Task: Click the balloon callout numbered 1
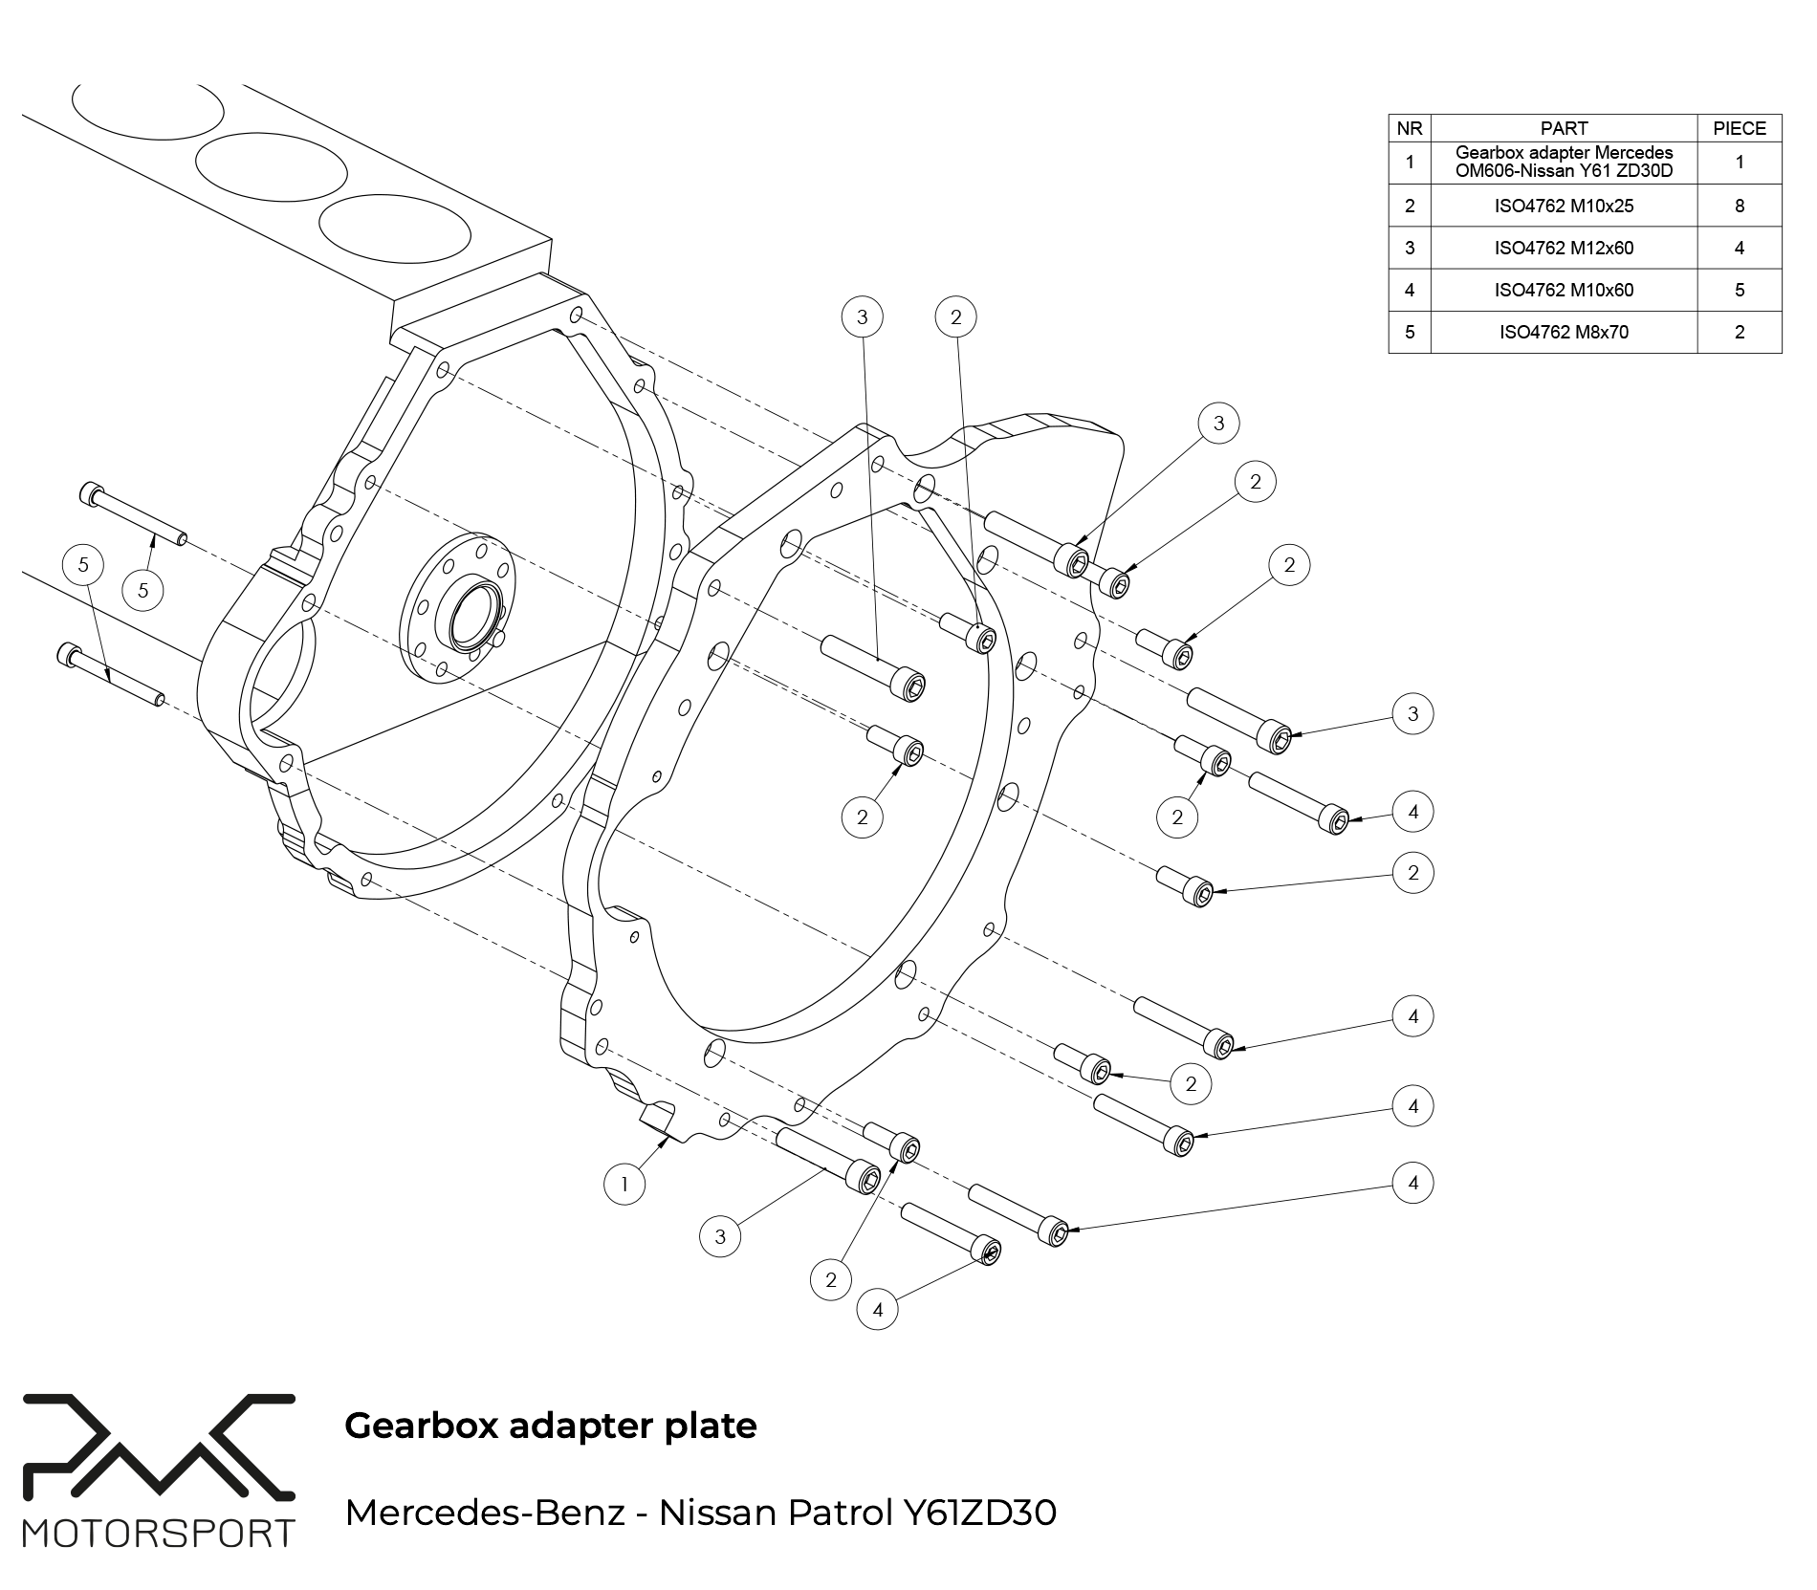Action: tap(624, 1186)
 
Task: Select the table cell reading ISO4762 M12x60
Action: tap(1564, 248)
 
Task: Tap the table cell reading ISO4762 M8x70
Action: tap(1564, 332)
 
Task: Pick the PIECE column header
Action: tap(1739, 128)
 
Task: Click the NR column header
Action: tap(1409, 128)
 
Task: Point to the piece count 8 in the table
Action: tap(1739, 206)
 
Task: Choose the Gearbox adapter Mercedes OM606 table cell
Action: tap(1564, 163)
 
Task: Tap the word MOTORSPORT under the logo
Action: tap(158, 1534)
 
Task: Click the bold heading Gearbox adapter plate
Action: tap(550, 1426)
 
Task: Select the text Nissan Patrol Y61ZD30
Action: tap(857, 1513)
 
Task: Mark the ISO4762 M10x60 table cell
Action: tap(1564, 290)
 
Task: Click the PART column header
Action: tap(1564, 128)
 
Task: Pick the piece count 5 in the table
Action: tap(1739, 290)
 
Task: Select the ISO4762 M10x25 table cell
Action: tap(1564, 206)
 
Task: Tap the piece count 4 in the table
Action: tap(1739, 248)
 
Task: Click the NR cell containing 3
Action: tap(1409, 248)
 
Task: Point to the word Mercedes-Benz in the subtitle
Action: tap(484, 1513)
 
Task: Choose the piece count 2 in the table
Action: tap(1739, 332)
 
